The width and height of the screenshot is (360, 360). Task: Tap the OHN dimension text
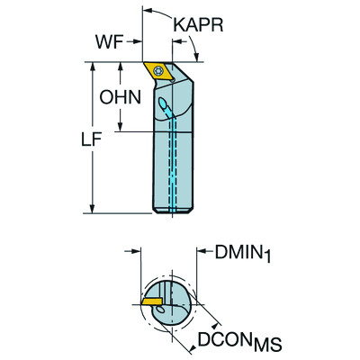point(118,97)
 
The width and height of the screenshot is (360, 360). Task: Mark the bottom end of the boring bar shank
point(170,214)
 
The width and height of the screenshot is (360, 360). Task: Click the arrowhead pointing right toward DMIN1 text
point(200,254)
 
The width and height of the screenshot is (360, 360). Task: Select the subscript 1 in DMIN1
point(267,259)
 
